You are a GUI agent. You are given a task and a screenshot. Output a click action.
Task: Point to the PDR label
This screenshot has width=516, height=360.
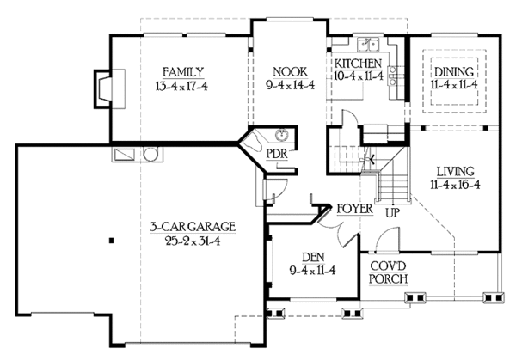(x=277, y=153)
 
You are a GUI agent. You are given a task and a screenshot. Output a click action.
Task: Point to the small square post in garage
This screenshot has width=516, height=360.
(x=111, y=241)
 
